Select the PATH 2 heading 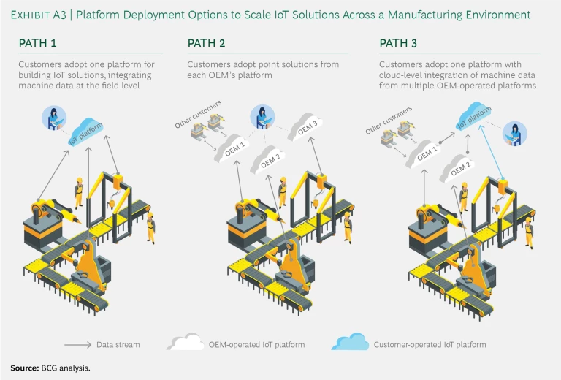point(207,44)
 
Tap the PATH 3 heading point(398,44)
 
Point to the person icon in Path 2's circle point(260,116)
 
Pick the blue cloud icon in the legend point(350,343)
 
